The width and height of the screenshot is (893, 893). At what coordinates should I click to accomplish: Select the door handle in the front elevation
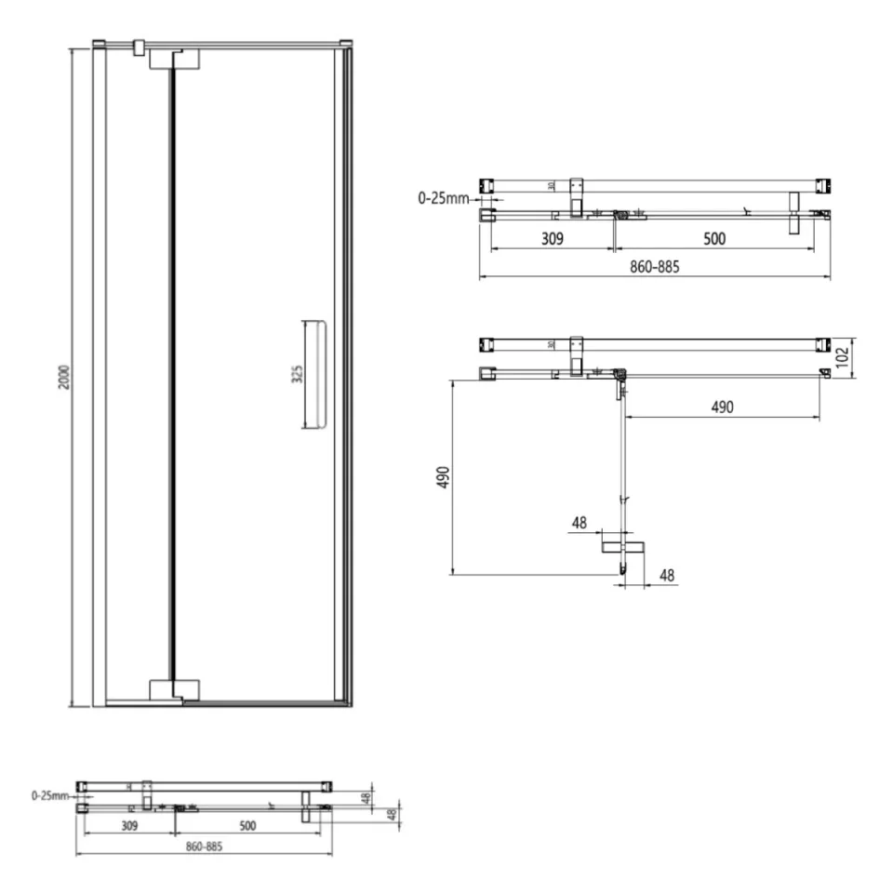click(313, 375)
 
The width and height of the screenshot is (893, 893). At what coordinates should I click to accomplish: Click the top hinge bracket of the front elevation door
click(175, 59)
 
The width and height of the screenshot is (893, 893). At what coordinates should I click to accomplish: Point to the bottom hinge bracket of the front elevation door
click(175, 689)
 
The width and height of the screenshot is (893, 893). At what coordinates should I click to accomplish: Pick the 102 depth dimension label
click(843, 356)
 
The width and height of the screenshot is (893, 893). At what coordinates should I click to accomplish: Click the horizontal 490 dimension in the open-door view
click(722, 407)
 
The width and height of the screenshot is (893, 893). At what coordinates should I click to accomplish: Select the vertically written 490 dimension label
click(444, 478)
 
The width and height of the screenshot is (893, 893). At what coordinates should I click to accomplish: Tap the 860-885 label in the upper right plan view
click(655, 267)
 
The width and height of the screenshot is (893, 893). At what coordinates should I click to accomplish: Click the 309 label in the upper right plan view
click(553, 239)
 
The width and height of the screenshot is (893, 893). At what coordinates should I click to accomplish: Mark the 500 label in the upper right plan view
click(713, 239)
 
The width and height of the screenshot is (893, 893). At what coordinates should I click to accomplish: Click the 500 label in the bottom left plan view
click(247, 824)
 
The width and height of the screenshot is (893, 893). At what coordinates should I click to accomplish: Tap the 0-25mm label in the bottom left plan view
click(49, 795)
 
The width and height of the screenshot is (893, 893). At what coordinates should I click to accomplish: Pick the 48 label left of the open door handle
click(580, 523)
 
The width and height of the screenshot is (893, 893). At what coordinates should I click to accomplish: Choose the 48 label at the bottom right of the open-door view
click(666, 576)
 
